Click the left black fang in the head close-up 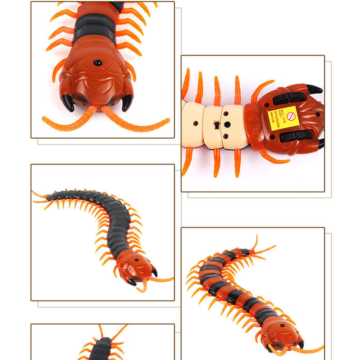[68, 103]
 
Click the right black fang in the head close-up [127, 102]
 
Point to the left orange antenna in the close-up [67, 119]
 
